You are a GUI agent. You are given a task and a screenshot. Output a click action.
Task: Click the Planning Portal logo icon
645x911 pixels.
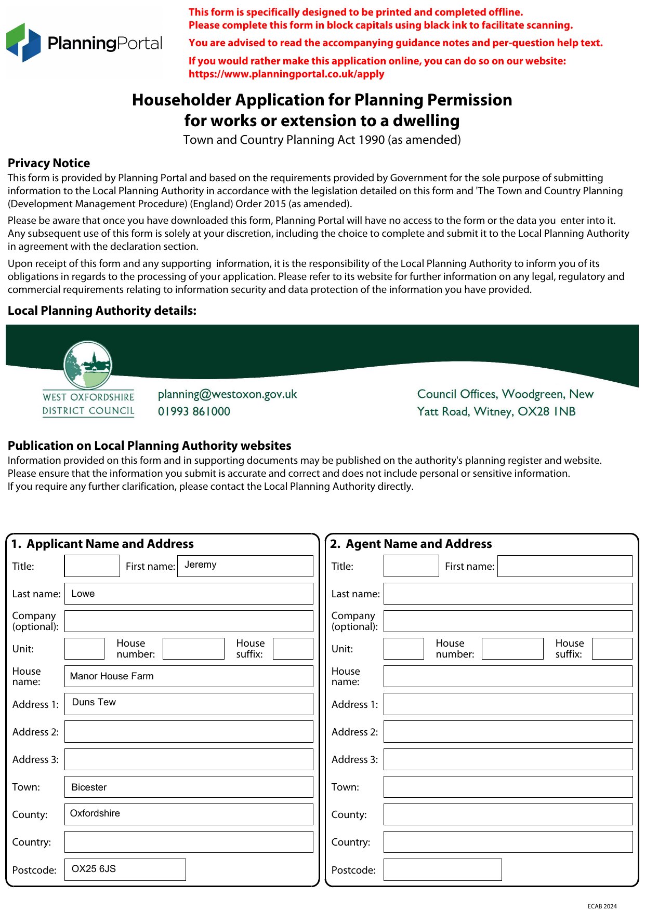23,42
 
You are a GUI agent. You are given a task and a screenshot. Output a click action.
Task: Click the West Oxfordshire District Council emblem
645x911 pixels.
88,365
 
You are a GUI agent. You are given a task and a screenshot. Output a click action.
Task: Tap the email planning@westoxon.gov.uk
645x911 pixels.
227,394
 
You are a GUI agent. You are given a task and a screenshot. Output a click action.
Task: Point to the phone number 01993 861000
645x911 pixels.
194,411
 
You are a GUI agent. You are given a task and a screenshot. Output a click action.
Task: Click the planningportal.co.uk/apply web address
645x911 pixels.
286,74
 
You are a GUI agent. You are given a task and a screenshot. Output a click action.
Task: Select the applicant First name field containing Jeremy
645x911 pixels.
245,566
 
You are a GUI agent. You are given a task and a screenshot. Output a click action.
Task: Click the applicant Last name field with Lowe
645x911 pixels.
189,594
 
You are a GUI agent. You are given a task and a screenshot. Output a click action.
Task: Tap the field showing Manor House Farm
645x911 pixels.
189,676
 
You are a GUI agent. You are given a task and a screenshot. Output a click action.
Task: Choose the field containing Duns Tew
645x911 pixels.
189,704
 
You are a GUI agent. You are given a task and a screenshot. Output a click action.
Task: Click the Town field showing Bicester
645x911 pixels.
189,787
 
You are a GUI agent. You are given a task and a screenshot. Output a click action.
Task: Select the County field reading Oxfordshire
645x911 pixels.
189,814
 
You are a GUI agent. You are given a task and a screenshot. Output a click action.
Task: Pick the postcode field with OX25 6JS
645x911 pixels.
125,869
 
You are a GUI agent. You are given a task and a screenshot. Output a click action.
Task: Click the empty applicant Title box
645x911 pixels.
92,566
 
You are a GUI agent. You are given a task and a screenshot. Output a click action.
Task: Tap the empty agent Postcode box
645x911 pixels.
442,869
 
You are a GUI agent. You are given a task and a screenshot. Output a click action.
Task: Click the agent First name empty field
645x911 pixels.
564,566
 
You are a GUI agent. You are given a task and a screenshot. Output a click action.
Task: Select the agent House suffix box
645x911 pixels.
612,649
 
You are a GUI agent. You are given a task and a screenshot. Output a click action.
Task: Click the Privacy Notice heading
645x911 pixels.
49,163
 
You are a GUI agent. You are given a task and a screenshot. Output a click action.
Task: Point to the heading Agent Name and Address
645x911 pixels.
418,544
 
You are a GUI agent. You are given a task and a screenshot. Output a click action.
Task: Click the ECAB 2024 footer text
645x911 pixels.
602,906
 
